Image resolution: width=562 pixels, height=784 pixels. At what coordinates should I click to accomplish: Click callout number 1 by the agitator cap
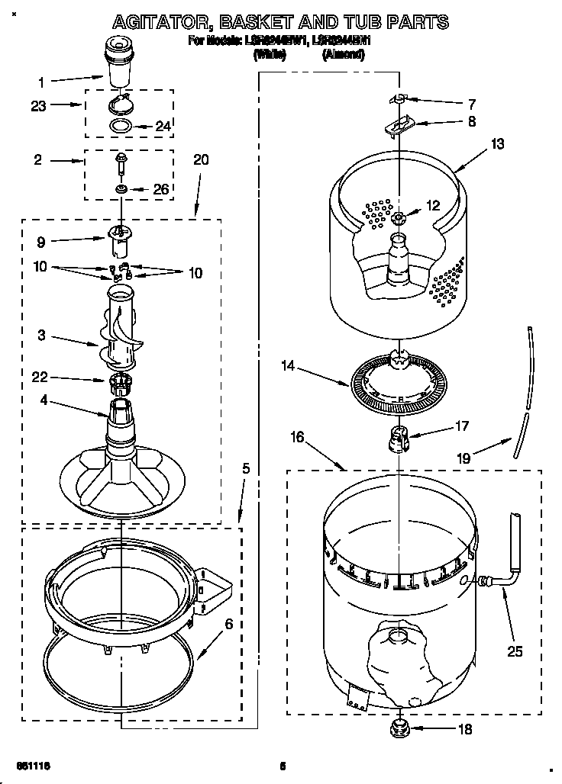pos(41,82)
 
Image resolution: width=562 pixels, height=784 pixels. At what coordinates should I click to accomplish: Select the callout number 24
pos(163,127)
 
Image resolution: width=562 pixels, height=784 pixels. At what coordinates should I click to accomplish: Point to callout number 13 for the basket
pos(498,143)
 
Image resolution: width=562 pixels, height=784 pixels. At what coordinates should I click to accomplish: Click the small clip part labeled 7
pos(399,99)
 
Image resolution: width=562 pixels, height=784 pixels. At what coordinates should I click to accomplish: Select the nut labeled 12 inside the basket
pos(399,218)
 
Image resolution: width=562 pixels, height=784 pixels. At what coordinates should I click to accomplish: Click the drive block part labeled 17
pos(398,439)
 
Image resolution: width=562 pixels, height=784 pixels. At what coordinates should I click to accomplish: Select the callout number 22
pos(40,377)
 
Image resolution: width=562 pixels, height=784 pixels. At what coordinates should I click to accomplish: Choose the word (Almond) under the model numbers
pos(346,54)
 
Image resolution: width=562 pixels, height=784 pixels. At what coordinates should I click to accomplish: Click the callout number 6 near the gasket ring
pos(228,624)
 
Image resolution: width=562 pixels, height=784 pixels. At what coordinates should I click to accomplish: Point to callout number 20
pos(201,161)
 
